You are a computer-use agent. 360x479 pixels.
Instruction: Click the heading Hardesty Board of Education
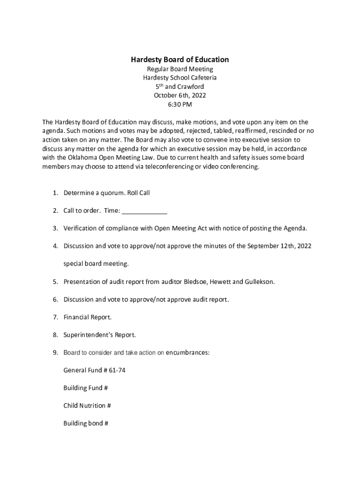click(180, 59)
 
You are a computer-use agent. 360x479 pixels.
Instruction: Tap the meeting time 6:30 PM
click(180, 104)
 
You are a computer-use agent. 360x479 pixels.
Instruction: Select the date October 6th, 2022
click(180, 95)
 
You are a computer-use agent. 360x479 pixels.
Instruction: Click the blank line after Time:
click(144, 211)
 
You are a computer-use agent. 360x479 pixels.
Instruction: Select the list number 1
click(55, 193)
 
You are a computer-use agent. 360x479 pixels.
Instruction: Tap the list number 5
click(55, 282)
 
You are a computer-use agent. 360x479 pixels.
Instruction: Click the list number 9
click(55, 352)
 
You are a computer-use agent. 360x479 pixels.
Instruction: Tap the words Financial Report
click(87, 317)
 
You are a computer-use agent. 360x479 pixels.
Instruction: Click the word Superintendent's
click(86, 335)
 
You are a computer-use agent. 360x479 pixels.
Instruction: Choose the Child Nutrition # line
click(87, 406)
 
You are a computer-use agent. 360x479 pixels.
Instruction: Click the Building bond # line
click(86, 423)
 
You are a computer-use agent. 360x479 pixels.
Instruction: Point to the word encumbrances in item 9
click(187, 352)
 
